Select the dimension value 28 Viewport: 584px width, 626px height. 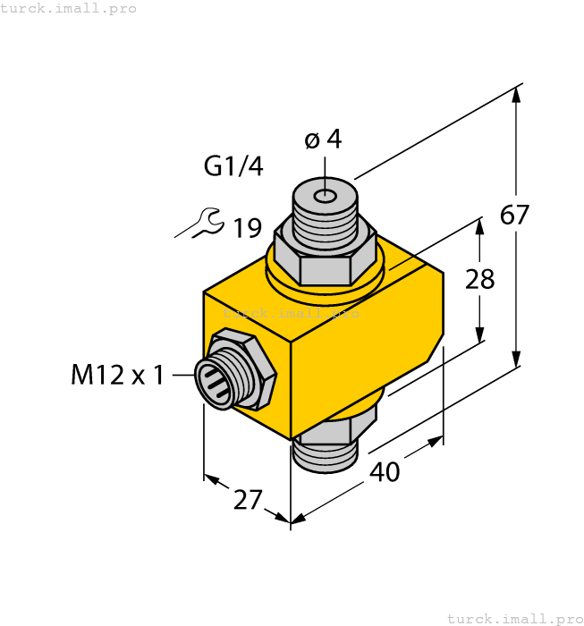[480, 279]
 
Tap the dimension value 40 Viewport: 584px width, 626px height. [385, 471]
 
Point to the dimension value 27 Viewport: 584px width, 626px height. [248, 500]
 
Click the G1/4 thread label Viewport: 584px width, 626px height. [233, 166]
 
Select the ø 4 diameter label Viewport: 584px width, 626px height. [323, 140]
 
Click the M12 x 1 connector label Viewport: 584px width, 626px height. [117, 375]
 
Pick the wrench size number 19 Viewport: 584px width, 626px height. [248, 229]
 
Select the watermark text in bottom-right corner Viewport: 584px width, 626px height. [514, 618]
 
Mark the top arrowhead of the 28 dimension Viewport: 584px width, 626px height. [481, 226]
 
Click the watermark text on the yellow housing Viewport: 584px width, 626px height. [291, 313]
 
